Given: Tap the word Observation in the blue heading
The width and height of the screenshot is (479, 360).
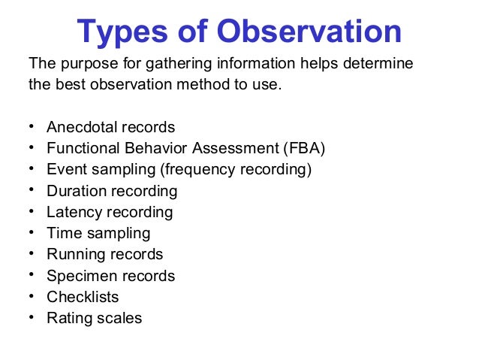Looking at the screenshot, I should coord(309,32).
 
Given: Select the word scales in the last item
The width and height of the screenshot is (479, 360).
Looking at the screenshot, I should coord(119,318).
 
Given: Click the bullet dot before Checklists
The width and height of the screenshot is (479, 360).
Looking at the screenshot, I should coord(31,297).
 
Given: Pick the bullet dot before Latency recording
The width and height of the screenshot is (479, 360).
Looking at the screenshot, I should coord(31,212).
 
